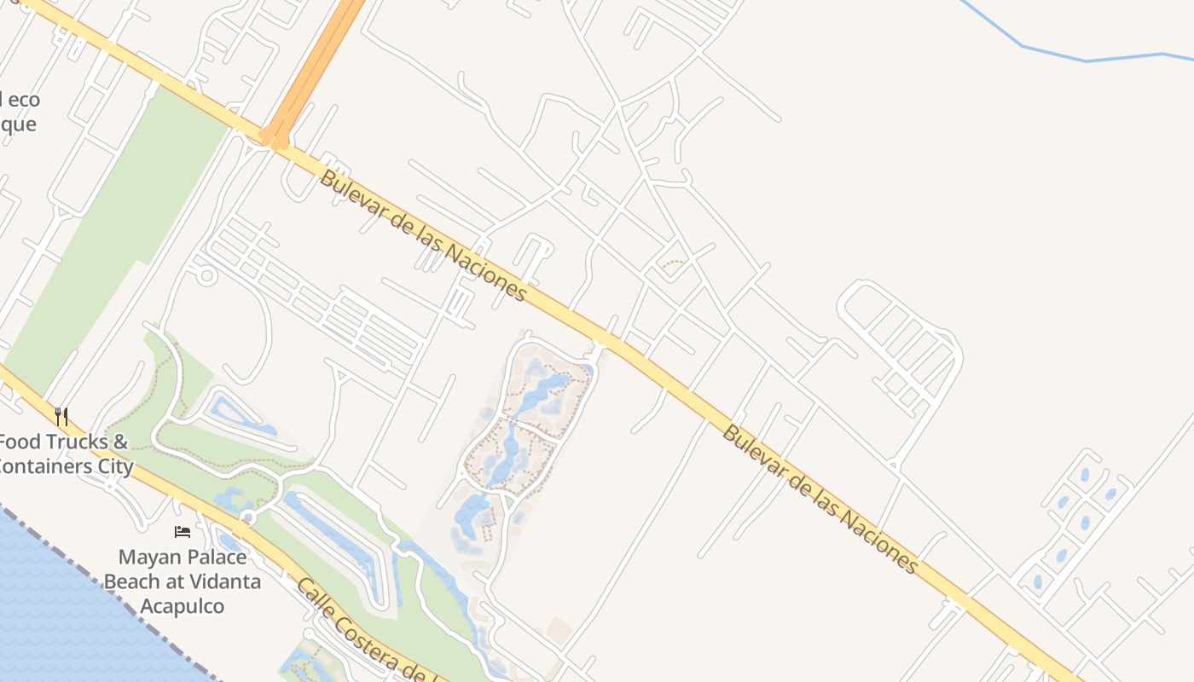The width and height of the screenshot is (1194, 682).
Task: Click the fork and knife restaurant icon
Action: [61, 417]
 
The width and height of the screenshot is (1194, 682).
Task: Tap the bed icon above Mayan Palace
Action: [183, 532]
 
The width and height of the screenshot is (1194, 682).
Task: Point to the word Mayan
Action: [150, 558]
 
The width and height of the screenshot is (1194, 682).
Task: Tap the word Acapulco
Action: [183, 607]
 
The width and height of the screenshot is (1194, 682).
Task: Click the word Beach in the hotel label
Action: [132, 582]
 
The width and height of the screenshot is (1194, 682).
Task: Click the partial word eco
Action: [24, 100]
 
